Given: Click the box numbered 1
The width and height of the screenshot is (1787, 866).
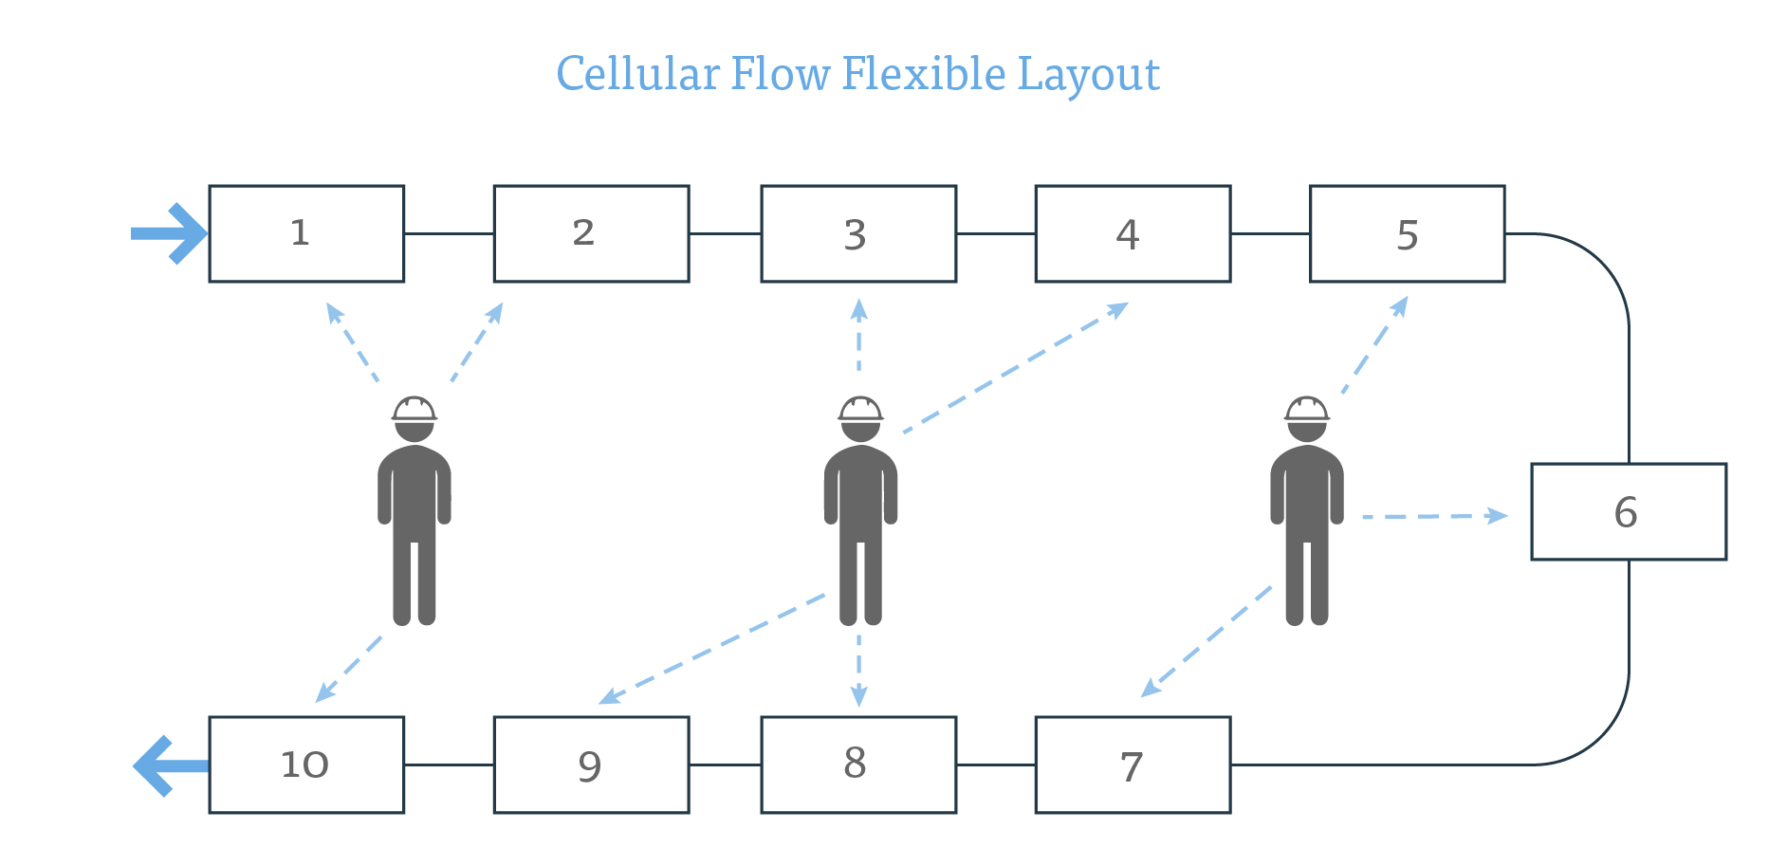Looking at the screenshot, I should coord(306,233).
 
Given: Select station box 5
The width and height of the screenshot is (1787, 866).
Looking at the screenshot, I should coord(1407,233).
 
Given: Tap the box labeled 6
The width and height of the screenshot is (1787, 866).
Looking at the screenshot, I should coord(1628,511).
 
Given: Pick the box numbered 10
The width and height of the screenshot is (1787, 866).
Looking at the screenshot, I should coord(306,765).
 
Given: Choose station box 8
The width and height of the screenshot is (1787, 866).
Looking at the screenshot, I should coord(857,765).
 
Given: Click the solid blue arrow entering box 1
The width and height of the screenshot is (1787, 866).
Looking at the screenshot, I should coord(171,233).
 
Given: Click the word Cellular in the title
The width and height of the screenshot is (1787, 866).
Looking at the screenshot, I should coord(637,74).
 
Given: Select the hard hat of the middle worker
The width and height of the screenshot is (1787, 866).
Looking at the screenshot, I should coord(860,409).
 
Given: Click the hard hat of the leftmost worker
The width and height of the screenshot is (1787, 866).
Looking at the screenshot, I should coord(415,409).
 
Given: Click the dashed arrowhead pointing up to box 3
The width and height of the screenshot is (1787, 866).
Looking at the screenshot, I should coord(858,308).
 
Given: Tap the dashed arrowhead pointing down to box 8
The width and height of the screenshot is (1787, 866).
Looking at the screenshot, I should coord(858,697).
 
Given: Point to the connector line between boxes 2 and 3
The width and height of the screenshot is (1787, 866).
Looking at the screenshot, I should coord(725,233).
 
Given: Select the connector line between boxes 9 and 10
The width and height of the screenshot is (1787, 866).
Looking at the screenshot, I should coord(449,765).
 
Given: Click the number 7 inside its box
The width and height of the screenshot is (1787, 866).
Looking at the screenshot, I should coord(1131,766).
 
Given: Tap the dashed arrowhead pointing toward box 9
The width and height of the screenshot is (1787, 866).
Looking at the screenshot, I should coord(609,698).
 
